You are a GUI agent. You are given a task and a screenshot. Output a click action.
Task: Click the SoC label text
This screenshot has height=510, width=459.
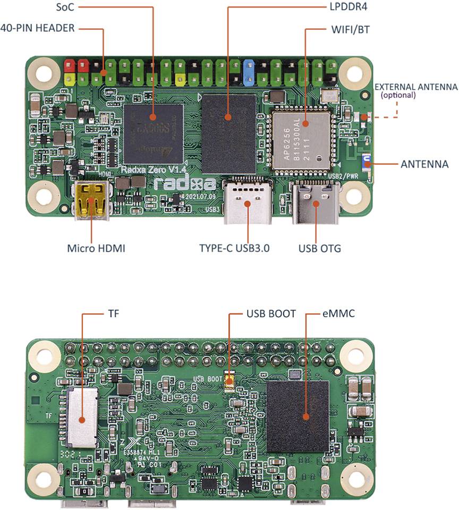[x=65, y=8]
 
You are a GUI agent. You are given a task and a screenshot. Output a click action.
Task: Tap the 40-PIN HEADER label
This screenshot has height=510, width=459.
[x=37, y=28]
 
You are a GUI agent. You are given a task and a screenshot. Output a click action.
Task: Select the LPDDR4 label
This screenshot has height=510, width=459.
[x=339, y=7]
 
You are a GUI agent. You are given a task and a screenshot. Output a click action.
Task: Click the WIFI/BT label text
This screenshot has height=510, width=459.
[x=349, y=29]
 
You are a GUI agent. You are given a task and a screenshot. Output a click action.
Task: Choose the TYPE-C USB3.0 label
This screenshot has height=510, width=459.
[x=235, y=248]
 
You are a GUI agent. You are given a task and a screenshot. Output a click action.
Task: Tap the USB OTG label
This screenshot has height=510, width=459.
[x=318, y=248]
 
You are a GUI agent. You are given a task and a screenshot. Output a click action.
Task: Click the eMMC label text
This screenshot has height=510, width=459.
[x=339, y=314]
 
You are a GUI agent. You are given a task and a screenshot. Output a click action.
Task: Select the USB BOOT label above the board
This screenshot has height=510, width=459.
[x=271, y=314]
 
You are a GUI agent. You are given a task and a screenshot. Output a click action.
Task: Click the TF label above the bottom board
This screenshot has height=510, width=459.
[x=113, y=314]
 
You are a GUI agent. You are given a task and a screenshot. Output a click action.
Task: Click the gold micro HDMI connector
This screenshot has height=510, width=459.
[x=92, y=201]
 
